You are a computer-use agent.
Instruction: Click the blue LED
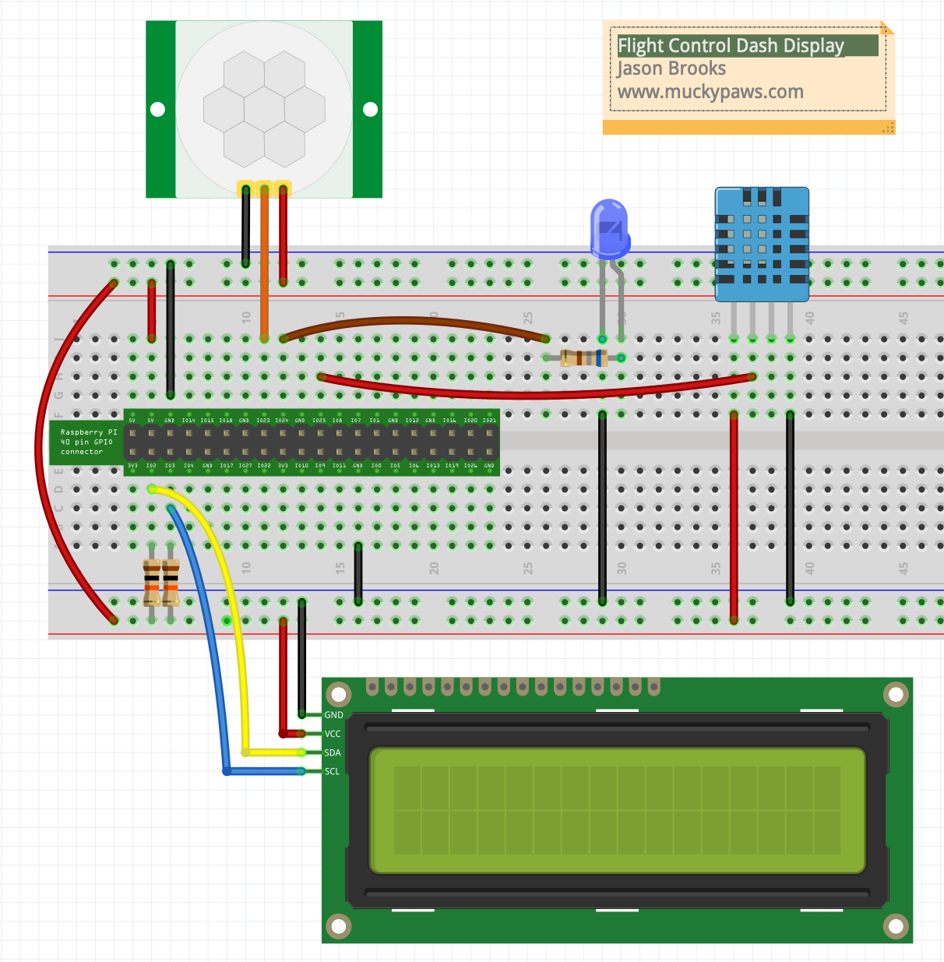point(609,227)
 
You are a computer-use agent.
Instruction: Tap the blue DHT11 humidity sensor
point(762,243)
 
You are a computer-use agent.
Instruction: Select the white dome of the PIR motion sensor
point(264,109)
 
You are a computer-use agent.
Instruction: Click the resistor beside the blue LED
point(583,358)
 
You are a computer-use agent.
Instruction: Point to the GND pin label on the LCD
point(333,715)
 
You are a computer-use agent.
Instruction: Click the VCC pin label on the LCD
point(333,734)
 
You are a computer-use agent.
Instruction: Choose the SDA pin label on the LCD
point(333,752)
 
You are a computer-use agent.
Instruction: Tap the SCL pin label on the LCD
point(333,771)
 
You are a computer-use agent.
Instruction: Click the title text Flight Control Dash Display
point(731,46)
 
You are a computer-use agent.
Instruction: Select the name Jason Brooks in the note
point(671,69)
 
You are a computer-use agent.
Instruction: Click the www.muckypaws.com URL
point(710,92)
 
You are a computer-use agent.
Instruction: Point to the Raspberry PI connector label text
point(87,442)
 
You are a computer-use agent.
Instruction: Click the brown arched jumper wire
point(413,319)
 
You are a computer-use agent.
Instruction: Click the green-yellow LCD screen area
point(617,810)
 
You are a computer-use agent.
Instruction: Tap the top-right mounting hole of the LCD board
point(896,694)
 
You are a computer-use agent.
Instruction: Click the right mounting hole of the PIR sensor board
point(371,110)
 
